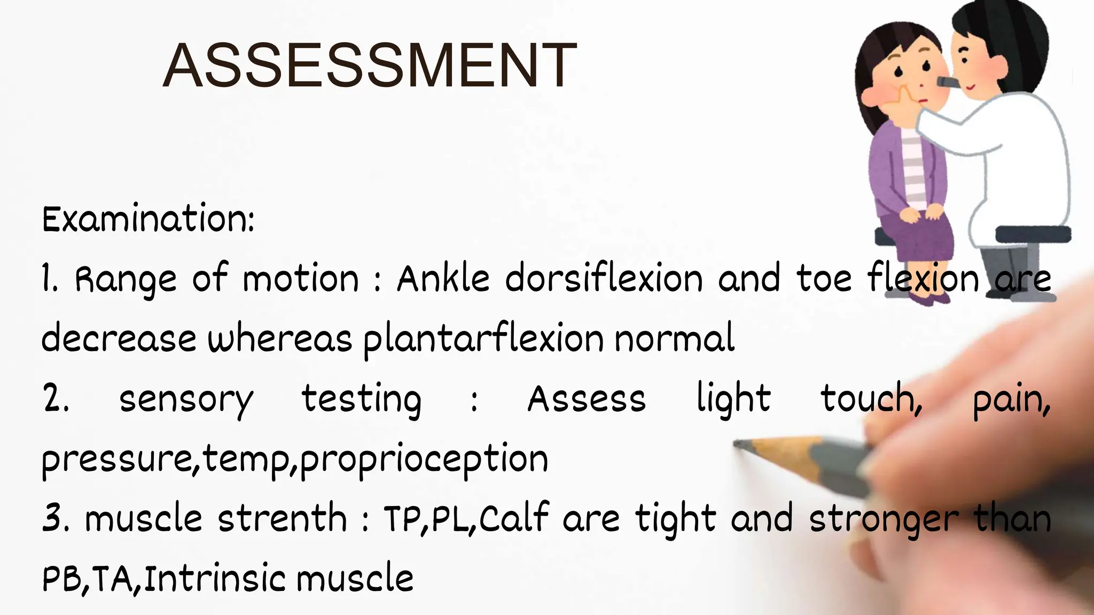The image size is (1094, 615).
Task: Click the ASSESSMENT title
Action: point(370,66)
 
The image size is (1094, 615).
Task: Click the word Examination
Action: point(148,219)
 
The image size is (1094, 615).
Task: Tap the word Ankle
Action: point(443,279)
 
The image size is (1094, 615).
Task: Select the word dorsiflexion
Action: point(604,279)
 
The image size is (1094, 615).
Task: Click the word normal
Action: point(675,338)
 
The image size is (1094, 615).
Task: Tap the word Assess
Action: point(587,399)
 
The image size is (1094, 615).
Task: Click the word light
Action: point(733,399)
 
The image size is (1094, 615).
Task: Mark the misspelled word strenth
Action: point(283,518)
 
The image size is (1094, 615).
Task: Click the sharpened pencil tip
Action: point(740,444)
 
